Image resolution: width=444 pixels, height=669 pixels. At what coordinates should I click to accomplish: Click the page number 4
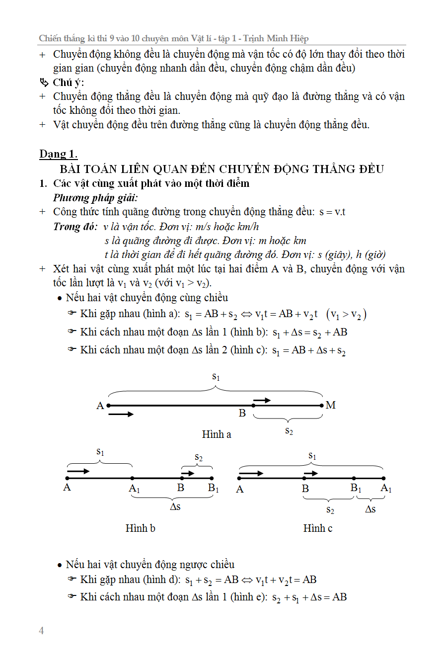click(x=42, y=631)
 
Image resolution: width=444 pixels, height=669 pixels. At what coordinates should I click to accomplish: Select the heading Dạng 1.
click(x=59, y=154)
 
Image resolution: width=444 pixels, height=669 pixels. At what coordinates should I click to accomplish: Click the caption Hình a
click(x=217, y=434)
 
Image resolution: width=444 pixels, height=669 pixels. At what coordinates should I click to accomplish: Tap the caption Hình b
click(x=141, y=528)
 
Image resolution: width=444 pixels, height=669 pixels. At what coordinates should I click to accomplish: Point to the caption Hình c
click(x=318, y=528)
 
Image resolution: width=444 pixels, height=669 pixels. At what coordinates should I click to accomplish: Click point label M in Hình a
click(x=331, y=406)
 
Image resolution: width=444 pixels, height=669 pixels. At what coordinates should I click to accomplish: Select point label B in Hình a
click(x=242, y=413)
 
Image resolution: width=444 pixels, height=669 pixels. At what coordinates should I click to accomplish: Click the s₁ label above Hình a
click(x=216, y=377)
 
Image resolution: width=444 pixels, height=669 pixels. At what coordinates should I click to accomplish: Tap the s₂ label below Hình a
click(x=289, y=431)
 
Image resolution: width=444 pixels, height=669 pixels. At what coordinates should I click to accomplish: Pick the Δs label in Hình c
click(x=370, y=509)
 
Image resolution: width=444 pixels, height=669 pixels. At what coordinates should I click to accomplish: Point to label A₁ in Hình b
click(x=134, y=489)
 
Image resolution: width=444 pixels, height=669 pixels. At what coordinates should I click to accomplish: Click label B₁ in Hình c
click(x=356, y=488)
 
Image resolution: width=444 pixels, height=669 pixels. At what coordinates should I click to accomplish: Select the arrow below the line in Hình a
click(x=121, y=414)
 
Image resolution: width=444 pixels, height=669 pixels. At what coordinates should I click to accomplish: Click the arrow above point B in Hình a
click(x=262, y=400)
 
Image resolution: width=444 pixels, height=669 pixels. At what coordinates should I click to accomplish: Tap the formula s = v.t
click(x=332, y=212)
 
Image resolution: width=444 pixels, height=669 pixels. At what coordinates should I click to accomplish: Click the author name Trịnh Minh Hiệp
click(x=280, y=38)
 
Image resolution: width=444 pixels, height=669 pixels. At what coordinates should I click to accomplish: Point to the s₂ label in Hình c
click(x=330, y=509)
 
